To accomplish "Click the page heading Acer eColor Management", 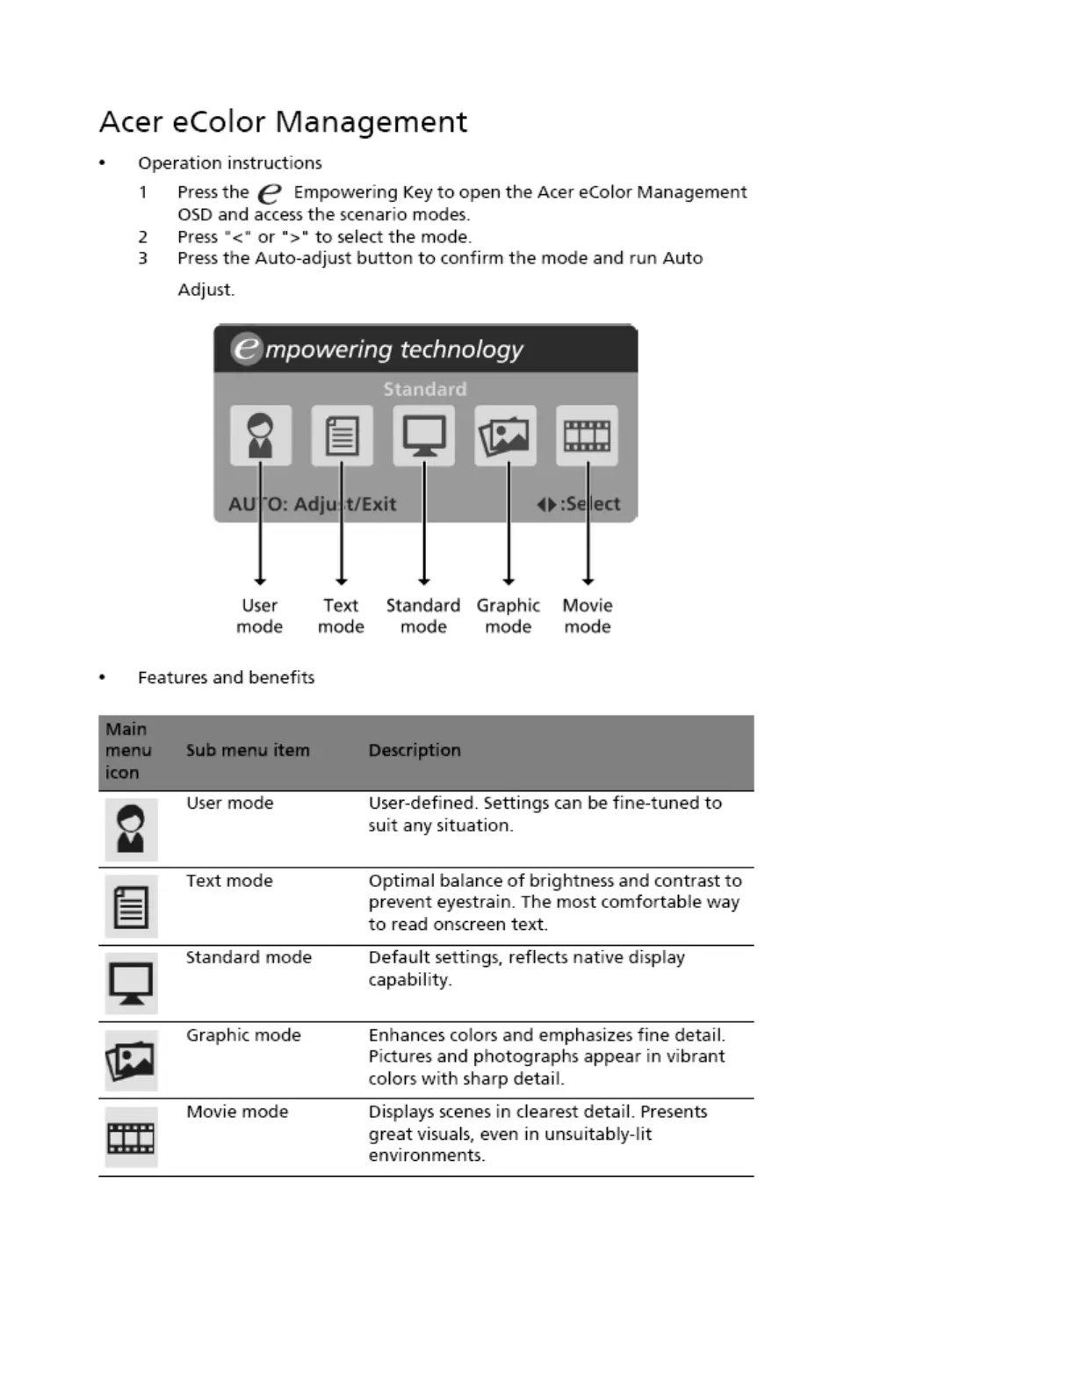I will click(x=283, y=121).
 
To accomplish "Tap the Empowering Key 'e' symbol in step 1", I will click(x=271, y=193).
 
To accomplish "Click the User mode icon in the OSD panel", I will click(x=260, y=436).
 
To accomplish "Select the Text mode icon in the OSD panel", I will click(x=342, y=436).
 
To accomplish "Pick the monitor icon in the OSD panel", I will click(x=423, y=436).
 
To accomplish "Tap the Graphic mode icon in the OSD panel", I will click(x=505, y=436).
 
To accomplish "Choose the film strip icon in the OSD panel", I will click(x=587, y=436).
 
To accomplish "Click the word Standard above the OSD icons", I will click(x=424, y=389).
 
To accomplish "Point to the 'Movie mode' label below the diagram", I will click(x=588, y=616).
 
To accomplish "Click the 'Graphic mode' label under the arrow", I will click(x=508, y=616).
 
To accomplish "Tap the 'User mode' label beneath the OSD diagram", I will click(x=259, y=616).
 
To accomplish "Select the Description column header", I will click(x=415, y=751).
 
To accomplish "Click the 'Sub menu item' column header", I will click(x=248, y=751).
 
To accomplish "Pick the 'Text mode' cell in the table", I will click(x=229, y=881).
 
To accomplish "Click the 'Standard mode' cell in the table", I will click(x=249, y=957).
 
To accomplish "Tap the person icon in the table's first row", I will click(x=131, y=829).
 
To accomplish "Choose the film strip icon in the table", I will click(x=131, y=1138).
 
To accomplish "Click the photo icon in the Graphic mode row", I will click(x=131, y=1060).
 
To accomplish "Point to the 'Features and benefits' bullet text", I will click(x=226, y=677).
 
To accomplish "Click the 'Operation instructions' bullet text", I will click(x=229, y=163).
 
